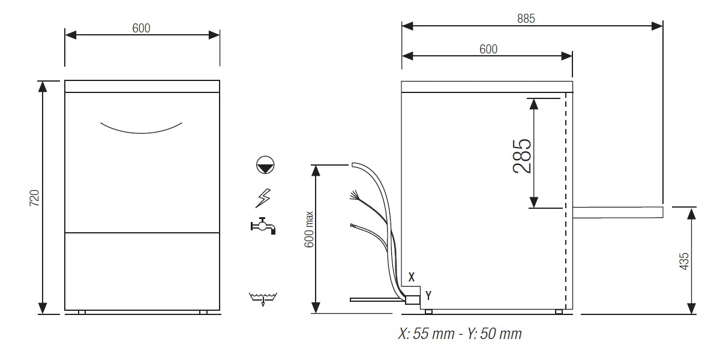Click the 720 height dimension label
[34, 197]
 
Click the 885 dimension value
[526, 19]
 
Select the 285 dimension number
[522, 156]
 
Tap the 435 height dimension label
[684, 262]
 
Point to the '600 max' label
[309, 229]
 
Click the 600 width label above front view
[141, 28]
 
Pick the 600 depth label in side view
[488, 49]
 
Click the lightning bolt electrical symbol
[263, 198]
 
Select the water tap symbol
[263, 226]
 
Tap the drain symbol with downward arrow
[263, 299]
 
